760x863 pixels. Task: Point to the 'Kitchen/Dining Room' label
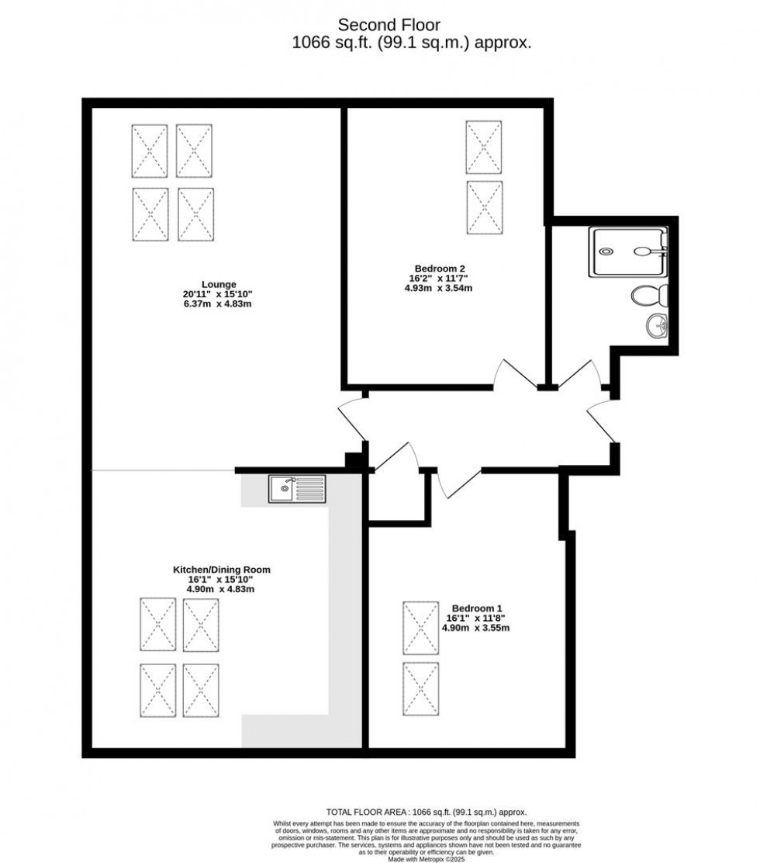[x=221, y=570]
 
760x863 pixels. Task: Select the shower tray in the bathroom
[x=628, y=251]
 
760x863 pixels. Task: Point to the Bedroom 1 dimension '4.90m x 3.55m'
[x=475, y=628]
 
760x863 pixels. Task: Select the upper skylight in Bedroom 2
[x=484, y=147]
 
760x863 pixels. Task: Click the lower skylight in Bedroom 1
[x=421, y=688]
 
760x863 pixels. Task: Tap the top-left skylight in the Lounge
[x=150, y=151]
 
